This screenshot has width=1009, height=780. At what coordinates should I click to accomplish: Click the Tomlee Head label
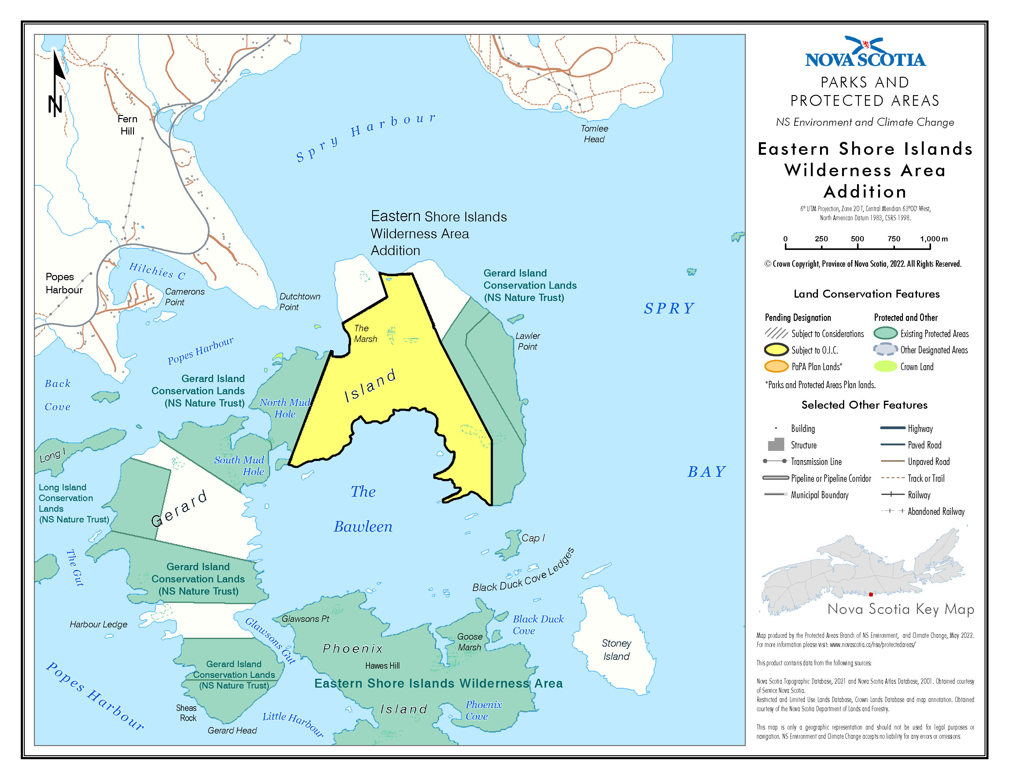tap(594, 134)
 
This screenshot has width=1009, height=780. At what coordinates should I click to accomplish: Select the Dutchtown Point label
tap(299, 301)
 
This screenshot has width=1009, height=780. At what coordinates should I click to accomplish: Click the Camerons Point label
tap(184, 297)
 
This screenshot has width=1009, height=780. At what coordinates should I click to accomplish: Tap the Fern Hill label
tap(128, 125)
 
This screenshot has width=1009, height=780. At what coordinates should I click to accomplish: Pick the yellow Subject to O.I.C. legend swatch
tap(776, 350)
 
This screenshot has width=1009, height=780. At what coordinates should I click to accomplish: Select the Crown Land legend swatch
tap(885, 366)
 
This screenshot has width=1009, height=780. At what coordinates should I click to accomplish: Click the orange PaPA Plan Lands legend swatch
tap(776, 366)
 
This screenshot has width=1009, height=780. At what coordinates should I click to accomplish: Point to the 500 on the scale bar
tap(857, 239)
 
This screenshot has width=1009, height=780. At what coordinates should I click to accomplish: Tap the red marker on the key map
tap(870, 594)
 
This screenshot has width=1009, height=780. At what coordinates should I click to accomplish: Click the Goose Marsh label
tap(469, 642)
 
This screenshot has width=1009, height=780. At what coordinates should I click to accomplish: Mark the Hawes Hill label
tap(382, 665)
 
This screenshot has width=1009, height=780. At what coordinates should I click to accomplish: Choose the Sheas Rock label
tap(187, 712)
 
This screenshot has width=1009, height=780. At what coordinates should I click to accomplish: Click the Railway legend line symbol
tap(893, 494)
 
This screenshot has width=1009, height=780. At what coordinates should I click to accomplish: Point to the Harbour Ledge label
tap(98, 624)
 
